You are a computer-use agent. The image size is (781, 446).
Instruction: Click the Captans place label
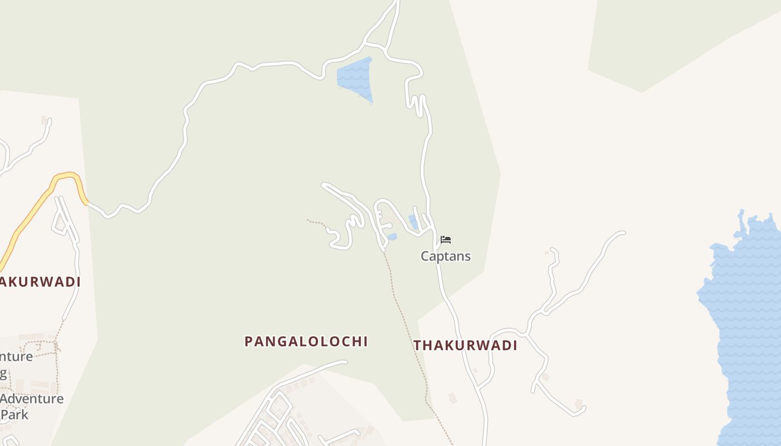pos(445,256)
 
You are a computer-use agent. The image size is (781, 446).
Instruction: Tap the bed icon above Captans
pos(445,240)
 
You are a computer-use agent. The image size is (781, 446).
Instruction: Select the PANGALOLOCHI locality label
pos(306,341)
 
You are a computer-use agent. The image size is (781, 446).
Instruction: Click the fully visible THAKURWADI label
pos(465,346)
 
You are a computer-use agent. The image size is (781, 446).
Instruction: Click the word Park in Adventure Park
pos(15,415)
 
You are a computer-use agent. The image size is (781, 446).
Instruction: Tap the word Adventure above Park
pos(32,399)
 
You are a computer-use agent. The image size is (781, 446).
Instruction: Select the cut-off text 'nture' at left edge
pos(16,357)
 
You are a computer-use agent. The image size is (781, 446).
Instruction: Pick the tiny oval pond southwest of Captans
pos(392,237)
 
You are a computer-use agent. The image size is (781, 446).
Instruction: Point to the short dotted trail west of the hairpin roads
pos(316,222)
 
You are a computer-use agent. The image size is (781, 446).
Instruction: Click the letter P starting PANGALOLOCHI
pos(249,341)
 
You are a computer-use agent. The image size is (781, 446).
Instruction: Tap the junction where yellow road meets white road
pos(87,203)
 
